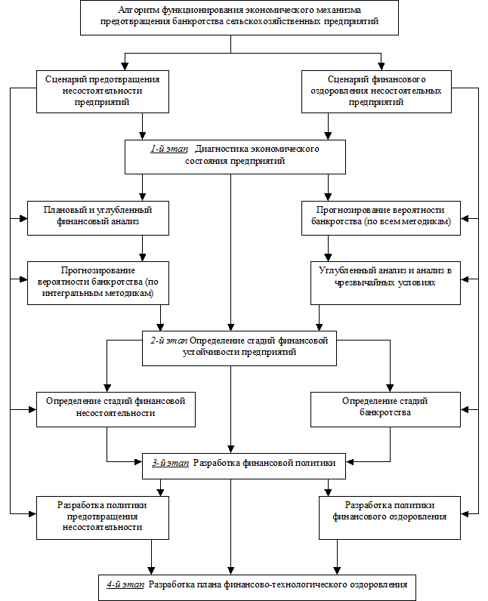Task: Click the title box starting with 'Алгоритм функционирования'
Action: (239, 17)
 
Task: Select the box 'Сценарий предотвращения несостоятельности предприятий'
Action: (102, 91)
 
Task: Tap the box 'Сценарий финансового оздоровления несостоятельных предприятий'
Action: (376, 91)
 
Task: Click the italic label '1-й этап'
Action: (169, 149)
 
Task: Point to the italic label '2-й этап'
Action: (168, 341)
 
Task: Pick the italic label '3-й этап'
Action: (170, 463)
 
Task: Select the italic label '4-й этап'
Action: (125, 584)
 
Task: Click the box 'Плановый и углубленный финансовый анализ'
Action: (97, 217)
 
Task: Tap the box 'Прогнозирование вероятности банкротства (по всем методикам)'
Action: (381, 217)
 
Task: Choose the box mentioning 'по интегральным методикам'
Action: (97, 283)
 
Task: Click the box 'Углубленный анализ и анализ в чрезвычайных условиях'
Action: (385, 283)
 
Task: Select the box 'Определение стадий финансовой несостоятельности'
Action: (116, 409)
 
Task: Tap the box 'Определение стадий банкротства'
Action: (385, 409)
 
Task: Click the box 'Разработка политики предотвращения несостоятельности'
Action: (102, 518)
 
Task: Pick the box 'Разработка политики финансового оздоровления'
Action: (390, 518)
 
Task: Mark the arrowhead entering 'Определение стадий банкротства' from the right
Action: (465, 409)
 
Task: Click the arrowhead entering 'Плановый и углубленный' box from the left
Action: (23, 218)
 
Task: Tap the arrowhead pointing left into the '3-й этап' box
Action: (350, 462)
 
